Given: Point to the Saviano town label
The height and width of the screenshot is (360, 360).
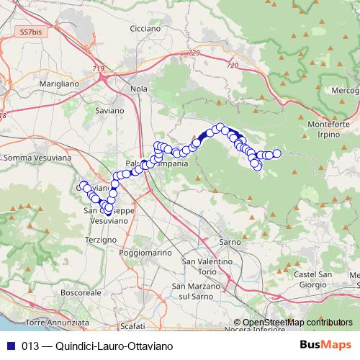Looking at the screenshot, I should coord(109,111).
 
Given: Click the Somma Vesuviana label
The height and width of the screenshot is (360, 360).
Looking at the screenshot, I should coord(37,156).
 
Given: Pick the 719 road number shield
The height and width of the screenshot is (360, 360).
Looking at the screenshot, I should coord(98,69).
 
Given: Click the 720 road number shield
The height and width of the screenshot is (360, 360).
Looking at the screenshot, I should coord(231,66).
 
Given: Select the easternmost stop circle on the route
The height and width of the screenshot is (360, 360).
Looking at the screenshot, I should coord(276,153).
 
